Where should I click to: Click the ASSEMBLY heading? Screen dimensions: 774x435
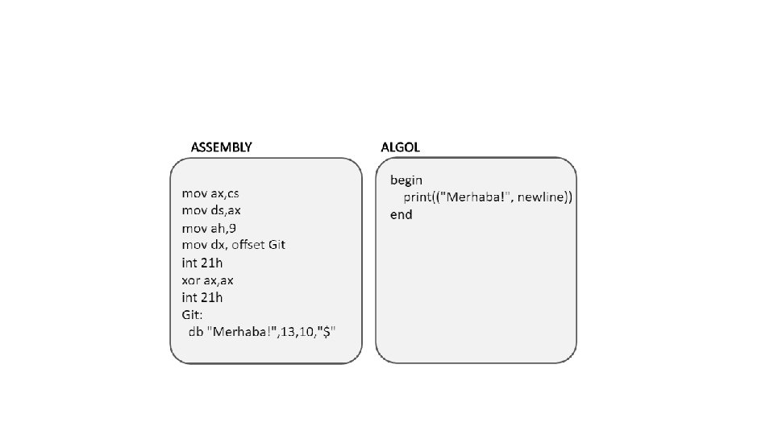pyautogui.click(x=221, y=147)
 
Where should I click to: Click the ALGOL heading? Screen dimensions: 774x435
pyautogui.click(x=400, y=147)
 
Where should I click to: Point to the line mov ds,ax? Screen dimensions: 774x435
pyautogui.click(x=212, y=210)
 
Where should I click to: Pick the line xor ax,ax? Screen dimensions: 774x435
pyautogui.click(x=207, y=280)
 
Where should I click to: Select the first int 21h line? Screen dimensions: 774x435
pyautogui.click(x=202, y=263)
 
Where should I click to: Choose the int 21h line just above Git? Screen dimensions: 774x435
pyautogui.click(x=202, y=297)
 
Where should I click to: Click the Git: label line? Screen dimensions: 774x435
pyautogui.click(x=193, y=314)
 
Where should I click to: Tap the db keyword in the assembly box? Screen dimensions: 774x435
pyautogui.click(x=195, y=332)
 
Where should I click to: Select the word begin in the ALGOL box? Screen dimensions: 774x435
pyautogui.click(x=406, y=179)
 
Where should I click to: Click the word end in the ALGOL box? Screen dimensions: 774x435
pyautogui.click(x=401, y=214)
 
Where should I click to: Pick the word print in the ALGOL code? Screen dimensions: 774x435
pyautogui.click(x=419, y=197)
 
